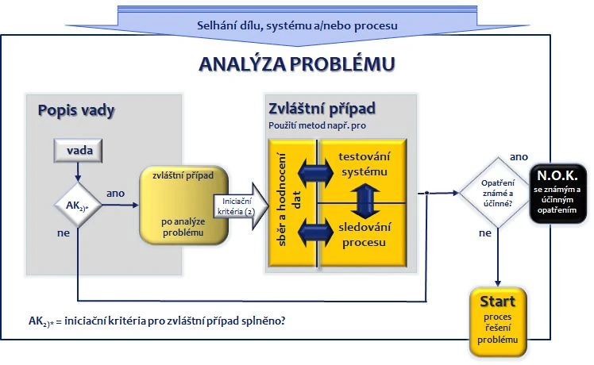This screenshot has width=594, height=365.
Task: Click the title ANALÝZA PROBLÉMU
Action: [296, 64]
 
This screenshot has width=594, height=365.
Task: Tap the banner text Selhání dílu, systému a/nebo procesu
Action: [297, 25]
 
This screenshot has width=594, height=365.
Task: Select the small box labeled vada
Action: [77, 150]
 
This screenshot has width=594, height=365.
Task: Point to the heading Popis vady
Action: [76, 110]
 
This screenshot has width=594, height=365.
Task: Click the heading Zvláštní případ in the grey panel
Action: [322, 108]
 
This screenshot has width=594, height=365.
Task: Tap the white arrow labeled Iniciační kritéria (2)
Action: [236, 205]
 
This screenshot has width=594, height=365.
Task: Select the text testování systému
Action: [363, 165]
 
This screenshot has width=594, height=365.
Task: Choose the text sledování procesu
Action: [363, 234]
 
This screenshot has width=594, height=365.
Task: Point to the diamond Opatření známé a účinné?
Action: [497, 192]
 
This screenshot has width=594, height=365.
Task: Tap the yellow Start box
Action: [497, 321]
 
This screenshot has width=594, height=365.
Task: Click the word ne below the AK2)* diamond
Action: [62, 234]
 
